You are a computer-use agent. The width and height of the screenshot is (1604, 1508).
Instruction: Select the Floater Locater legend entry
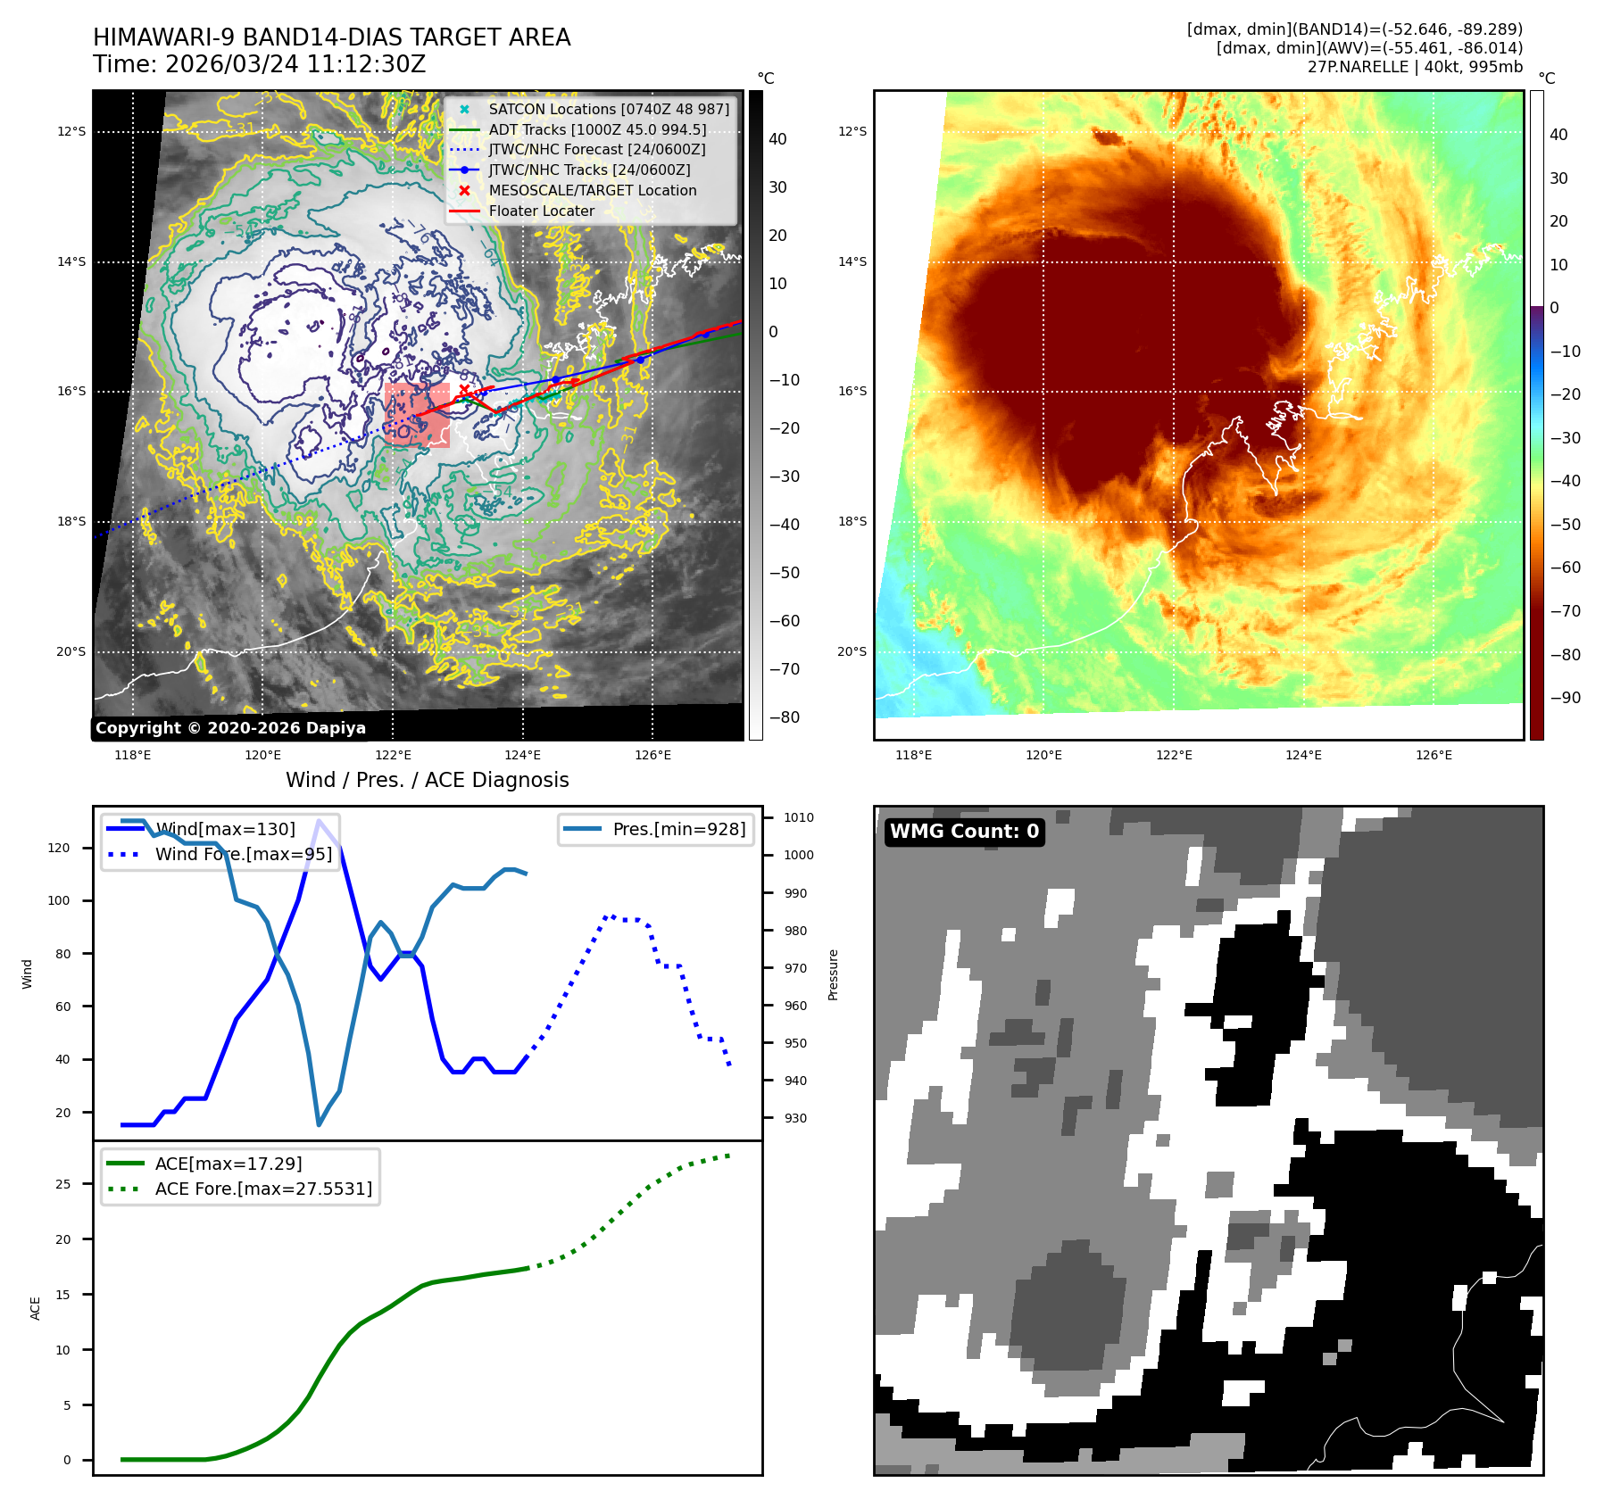(541, 211)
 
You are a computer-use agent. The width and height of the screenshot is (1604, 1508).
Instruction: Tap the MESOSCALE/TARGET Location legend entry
(592, 190)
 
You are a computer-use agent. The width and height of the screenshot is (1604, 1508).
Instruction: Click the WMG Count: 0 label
(964, 832)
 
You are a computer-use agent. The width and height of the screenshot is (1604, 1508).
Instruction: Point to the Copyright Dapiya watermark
(230, 728)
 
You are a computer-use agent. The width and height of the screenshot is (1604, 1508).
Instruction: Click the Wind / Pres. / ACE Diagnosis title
(427, 780)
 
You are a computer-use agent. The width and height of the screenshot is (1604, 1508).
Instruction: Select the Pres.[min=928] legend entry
(678, 829)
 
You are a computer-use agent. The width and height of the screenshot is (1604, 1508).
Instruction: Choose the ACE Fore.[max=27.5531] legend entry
(263, 1189)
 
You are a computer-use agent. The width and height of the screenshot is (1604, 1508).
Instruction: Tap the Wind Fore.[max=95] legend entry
(243, 854)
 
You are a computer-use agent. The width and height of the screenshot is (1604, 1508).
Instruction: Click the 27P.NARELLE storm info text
(1414, 67)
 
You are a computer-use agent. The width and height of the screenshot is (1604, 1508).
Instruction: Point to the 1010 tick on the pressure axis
(798, 817)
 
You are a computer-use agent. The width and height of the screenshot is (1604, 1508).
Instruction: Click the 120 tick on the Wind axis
(59, 848)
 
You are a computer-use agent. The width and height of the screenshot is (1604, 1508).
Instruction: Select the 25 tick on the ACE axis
(62, 1184)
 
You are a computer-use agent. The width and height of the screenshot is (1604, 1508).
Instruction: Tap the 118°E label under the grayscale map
(133, 755)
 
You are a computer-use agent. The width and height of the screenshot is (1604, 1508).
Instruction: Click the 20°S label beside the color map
(852, 651)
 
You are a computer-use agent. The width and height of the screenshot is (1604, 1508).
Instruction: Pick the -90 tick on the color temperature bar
(1565, 698)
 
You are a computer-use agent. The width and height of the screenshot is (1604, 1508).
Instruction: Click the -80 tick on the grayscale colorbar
(785, 717)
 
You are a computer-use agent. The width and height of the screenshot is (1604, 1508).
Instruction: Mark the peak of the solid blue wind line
(319, 820)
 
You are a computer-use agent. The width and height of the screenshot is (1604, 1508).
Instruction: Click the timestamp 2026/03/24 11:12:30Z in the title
(295, 64)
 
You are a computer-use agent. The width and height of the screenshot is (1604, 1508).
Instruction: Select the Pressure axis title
(833, 974)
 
